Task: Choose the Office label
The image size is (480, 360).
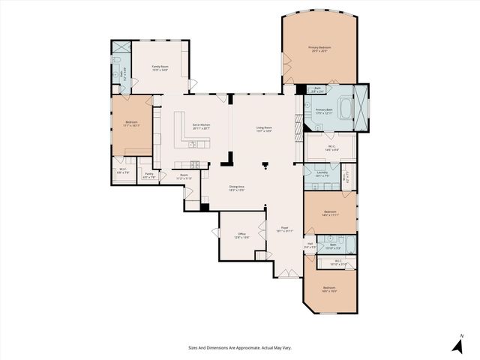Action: tap(242, 235)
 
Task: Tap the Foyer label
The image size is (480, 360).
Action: tap(284, 229)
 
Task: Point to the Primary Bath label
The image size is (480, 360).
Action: tap(323, 111)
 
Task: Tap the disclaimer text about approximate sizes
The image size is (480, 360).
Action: tap(239, 347)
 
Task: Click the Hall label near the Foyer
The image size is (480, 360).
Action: tap(309, 243)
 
